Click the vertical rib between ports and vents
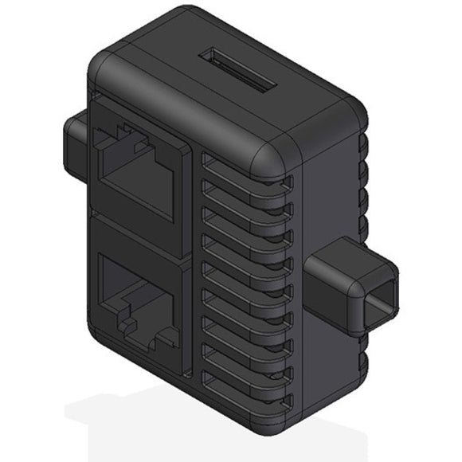tap(193, 263)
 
